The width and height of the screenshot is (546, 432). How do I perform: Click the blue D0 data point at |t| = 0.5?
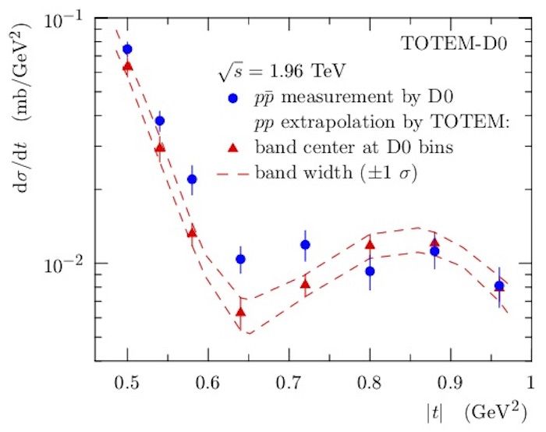click(127, 49)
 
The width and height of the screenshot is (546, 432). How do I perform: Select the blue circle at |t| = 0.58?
click(192, 179)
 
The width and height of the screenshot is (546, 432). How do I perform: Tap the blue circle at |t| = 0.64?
click(240, 259)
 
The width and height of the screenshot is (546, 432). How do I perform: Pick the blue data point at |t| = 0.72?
click(305, 245)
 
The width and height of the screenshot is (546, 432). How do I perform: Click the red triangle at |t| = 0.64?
click(240, 313)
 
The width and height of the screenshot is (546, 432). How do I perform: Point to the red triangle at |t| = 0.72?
click(305, 285)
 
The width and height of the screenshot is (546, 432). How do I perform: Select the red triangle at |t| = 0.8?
click(370, 245)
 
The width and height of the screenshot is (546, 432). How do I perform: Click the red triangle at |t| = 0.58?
click(192, 232)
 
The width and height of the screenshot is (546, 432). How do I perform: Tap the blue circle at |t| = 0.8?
click(370, 271)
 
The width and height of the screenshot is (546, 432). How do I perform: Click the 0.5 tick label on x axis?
click(127, 381)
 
